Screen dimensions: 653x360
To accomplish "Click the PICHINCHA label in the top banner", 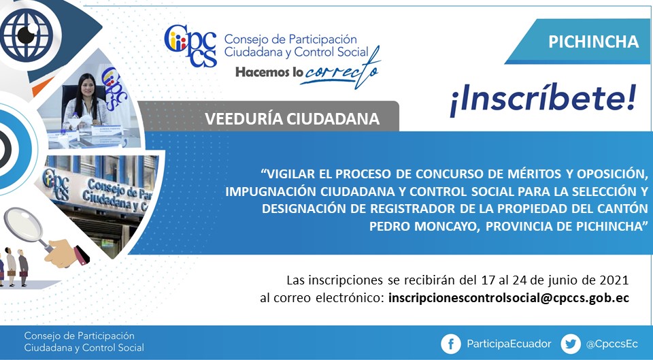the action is pyautogui.click(x=593, y=42).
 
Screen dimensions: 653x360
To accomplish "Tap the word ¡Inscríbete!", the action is pyautogui.click(x=543, y=100).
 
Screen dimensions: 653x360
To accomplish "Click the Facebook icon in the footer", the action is pyautogui.click(x=450, y=344).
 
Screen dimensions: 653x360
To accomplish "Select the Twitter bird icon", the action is pyautogui.click(x=571, y=344).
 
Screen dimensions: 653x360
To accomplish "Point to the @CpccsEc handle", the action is pyautogui.click(x=612, y=344).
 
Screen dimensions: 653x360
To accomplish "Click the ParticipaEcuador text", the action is pyautogui.click(x=509, y=344).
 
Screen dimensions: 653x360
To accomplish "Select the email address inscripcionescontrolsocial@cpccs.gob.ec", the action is pyautogui.click(x=509, y=298).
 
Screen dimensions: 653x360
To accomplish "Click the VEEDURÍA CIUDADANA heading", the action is pyautogui.click(x=292, y=119).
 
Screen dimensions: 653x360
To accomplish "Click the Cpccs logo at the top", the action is pyautogui.click(x=190, y=46).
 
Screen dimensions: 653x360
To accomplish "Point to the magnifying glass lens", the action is pyautogui.click(x=23, y=225).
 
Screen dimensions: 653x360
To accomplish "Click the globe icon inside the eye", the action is pyautogui.click(x=27, y=35).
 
